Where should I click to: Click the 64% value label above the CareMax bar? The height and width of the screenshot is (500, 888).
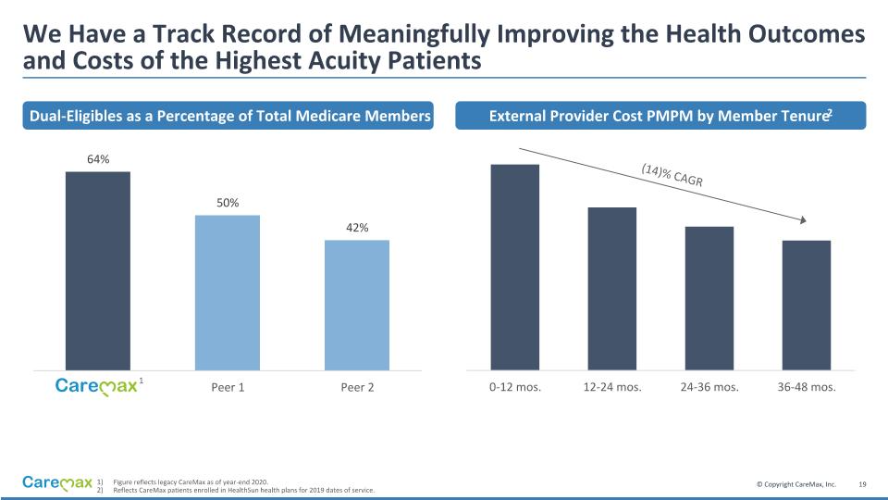pos(98,159)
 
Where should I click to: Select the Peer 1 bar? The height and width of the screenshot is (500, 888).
pos(228,293)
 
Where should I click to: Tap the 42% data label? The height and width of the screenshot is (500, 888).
pos(357,228)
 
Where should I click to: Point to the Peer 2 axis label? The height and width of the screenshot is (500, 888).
pos(357,387)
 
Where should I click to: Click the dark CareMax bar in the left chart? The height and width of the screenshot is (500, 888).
pos(98,271)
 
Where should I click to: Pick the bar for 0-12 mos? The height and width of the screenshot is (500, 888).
pos(515,268)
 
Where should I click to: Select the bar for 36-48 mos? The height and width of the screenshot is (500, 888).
pos(807,306)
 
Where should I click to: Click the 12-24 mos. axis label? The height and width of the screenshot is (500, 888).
pos(612,387)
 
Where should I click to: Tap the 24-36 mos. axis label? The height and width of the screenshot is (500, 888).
pos(709,387)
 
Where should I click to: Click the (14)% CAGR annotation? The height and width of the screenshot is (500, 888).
pos(672,174)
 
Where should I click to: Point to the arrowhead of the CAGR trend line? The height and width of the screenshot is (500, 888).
pos(804,220)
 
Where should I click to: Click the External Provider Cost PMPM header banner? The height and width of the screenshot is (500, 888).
pos(660,116)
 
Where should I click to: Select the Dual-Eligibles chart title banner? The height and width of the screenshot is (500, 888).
pos(229,116)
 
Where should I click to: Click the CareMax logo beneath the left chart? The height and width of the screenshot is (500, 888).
pos(96,387)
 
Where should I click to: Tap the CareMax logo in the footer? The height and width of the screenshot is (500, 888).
pos(57,483)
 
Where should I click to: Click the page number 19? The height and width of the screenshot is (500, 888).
pos(863,484)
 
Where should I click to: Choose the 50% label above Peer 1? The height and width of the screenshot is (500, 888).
pos(228,203)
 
